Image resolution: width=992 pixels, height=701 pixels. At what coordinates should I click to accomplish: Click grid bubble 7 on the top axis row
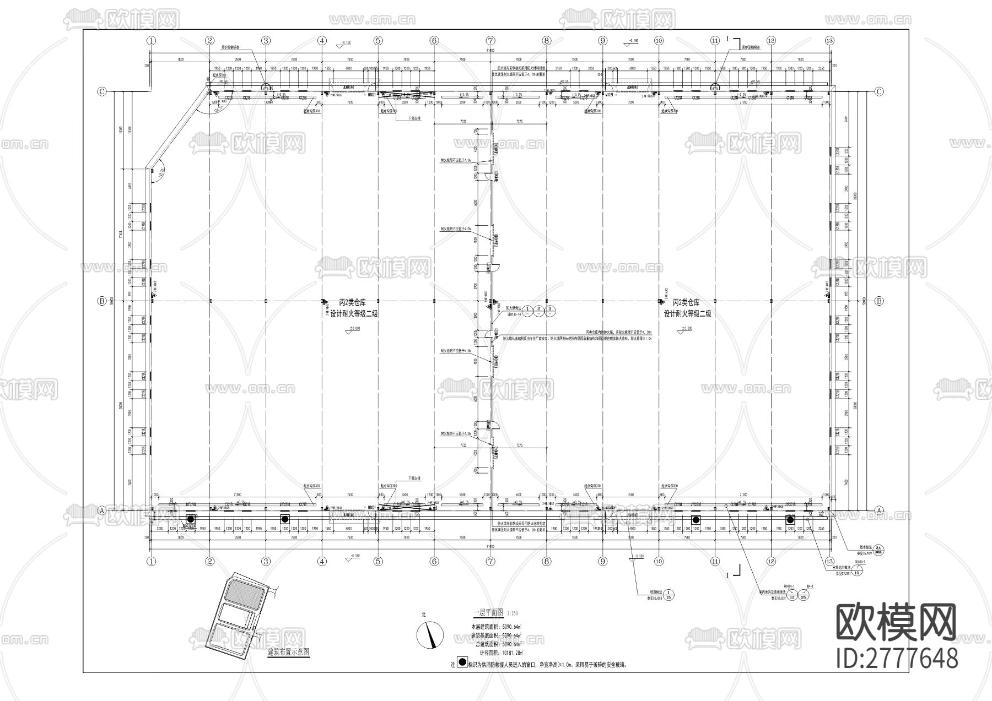click(x=490, y=40)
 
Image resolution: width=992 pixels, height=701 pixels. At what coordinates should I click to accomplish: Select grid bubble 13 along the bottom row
click(x=829, y=562)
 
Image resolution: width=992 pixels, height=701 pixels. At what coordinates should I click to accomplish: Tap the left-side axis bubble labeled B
click(x=101, y=301)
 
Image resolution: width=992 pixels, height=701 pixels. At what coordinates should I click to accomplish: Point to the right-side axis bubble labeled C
click(x=879, y=91)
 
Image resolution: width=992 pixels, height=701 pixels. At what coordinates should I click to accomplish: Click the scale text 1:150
click(x=512, y=613)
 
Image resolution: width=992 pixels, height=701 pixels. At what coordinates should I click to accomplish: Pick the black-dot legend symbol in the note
click(x=461, y=664)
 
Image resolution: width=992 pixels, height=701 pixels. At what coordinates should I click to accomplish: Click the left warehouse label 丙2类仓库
click(x=352, y=302)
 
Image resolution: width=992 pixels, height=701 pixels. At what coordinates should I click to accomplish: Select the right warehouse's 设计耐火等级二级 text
click(x=687, y=313)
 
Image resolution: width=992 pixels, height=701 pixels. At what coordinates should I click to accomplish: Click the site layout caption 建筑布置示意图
click(x=288, y=651)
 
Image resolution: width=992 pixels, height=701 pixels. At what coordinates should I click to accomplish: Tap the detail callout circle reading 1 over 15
click(x=668, y=594)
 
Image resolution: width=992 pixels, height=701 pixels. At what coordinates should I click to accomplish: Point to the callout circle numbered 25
click(x=804, y=596)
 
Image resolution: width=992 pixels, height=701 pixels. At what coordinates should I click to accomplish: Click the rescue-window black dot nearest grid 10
click(x=696, y=519)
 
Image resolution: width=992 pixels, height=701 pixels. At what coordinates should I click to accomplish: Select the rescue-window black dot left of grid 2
click(x=191, y=519)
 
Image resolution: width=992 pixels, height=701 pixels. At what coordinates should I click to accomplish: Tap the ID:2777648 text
click(x=897, y=658)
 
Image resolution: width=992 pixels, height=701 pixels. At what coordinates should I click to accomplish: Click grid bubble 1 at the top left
click(x=152, y=40)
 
